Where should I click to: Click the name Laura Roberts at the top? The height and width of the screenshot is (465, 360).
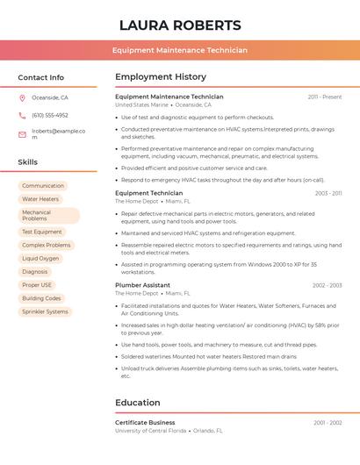180,25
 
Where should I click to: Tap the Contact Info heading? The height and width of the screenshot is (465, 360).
41,77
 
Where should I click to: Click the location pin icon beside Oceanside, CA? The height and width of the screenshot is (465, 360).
22,97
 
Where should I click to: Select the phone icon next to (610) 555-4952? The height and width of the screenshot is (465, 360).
22,115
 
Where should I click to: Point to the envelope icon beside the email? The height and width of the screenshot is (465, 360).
22,134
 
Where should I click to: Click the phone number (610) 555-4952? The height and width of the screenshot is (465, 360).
50,115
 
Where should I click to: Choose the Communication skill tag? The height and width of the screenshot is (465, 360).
43,186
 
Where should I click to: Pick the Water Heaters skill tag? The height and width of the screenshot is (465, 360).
40,199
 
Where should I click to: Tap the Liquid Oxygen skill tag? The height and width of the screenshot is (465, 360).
40,259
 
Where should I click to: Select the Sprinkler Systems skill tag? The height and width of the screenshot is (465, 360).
45,311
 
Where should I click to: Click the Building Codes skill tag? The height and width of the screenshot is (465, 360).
41,298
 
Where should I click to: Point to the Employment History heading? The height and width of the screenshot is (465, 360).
161,77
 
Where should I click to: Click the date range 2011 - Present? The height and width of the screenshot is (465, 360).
324,97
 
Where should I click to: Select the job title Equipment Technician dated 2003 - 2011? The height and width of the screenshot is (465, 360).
149,193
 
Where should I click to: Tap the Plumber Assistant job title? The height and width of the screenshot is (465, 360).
142,285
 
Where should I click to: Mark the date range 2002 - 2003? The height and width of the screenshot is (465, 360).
327,285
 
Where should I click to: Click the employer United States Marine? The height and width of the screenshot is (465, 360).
141,104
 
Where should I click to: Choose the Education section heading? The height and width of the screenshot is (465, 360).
137,403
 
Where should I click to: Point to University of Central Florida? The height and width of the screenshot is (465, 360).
150,431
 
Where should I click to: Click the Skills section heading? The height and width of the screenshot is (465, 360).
28,162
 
